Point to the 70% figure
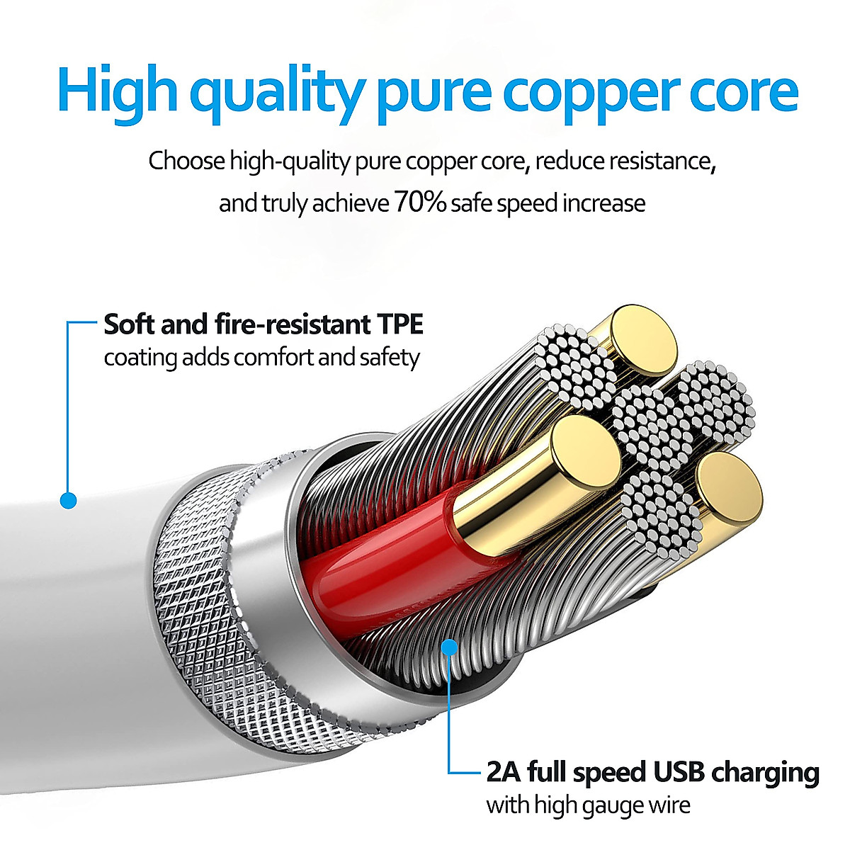click(x=420, y=203)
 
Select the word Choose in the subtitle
click(x=186, y=161)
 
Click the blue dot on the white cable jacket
click(x=68, y=501)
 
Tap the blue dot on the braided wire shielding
click(x=449, y=646)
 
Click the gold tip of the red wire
click(x=585, y=450)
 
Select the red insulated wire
click(x=382, y=560)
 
